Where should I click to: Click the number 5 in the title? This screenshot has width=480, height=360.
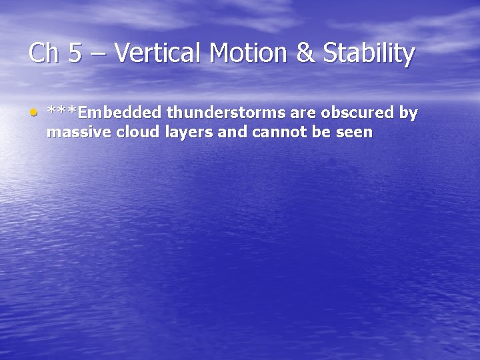pyautogui.click(x=75, y=53)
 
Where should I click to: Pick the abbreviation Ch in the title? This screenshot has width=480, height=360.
pyautogui.click(x=43, y=53)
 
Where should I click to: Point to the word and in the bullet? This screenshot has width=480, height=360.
pyautogui.click(x=231, y=133)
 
